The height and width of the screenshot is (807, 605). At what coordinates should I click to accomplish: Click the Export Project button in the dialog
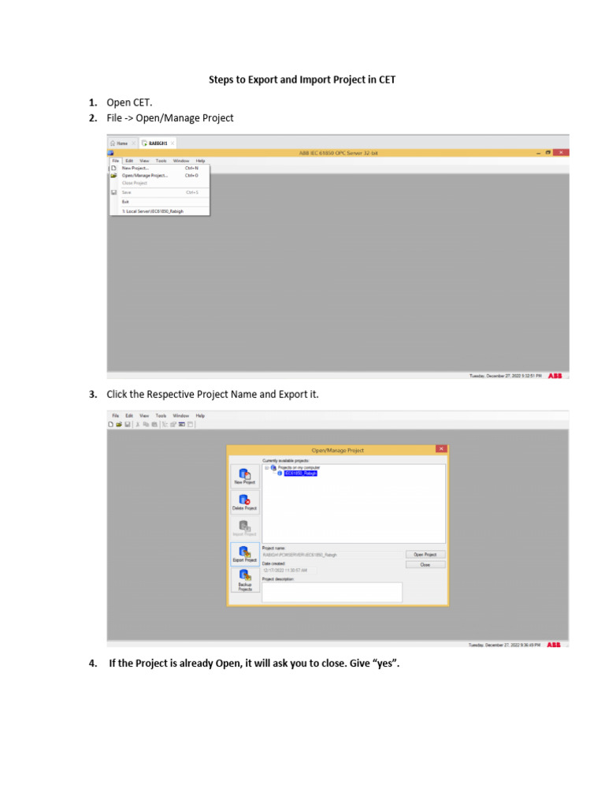coord(244,555)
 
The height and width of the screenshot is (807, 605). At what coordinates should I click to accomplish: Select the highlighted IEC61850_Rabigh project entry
coord(300,473)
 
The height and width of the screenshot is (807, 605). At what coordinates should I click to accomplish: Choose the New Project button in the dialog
coord(244,477)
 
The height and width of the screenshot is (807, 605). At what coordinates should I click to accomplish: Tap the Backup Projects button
coord(244,581)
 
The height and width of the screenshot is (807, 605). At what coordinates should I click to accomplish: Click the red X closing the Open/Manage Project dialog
coord(441,449)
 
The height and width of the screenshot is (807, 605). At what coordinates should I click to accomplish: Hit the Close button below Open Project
coord(425,564)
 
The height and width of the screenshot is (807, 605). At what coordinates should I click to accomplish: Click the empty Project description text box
coord(332,592)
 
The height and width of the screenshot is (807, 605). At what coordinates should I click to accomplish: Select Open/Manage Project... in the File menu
coord(145,175)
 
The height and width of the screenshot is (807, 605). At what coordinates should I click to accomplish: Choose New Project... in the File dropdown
coord(135,168)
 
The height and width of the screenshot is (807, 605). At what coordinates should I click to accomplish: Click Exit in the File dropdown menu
coord(125,201)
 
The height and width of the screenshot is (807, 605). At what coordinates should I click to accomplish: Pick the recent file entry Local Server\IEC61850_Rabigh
coord(152,211)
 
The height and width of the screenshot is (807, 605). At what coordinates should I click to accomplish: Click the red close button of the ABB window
coord(561,152)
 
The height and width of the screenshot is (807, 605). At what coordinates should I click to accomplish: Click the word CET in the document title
coord(385,80)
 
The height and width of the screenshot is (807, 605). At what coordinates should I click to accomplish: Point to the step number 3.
coord(92,394)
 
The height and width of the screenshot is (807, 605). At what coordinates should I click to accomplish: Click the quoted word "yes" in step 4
coord(386,664)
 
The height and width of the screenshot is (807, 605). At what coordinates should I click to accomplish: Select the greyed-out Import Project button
coord(244,529)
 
